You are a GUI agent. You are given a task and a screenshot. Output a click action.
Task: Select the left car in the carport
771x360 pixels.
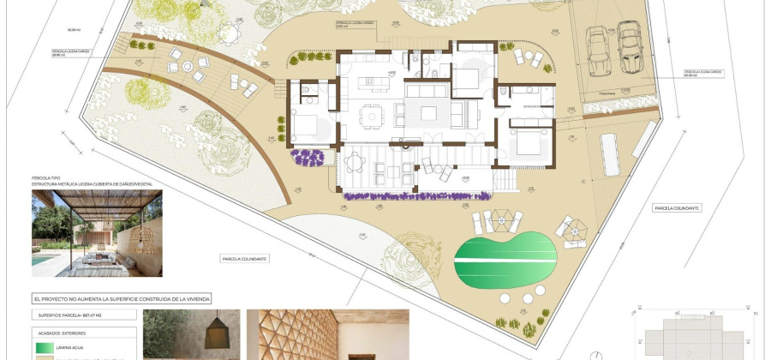coord(597,51)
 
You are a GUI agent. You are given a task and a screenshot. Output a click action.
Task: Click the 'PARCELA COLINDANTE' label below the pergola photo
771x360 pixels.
coord(244,258)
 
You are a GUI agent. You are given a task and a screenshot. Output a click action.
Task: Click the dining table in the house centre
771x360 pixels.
coord(372,115)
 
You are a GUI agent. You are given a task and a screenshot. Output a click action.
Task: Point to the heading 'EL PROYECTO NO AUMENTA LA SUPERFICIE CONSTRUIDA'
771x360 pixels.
coord(122,299)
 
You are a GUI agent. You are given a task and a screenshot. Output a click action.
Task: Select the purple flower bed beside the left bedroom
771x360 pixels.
coord(308,157)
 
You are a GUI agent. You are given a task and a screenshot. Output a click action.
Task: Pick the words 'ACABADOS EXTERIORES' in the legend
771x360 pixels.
coord(62,333)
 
